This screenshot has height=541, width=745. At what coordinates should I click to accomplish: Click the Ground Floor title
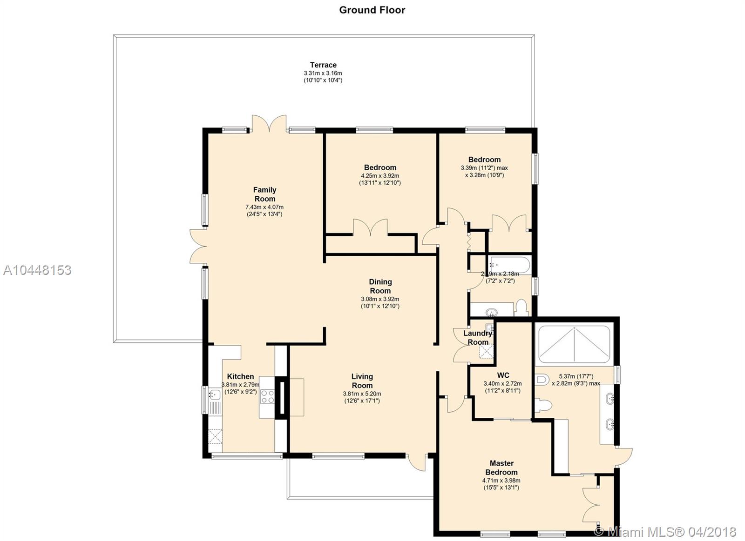tap(372, 10)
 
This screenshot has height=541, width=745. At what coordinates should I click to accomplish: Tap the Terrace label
tap(323, 65)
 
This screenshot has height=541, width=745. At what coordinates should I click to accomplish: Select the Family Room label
tap(265, 194)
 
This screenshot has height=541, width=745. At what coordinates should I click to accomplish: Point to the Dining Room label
tap(380, 286)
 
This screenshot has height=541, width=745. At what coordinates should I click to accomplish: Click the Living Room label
tap(362, 381)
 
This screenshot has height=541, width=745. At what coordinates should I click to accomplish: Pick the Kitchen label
tap(240, 376)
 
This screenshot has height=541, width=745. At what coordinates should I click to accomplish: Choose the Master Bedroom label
tap(501, 468)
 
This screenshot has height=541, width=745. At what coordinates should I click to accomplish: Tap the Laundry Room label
tap(478, 338)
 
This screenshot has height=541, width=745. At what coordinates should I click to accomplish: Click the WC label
tap(503, 375)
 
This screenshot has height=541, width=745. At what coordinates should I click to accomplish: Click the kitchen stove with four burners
tap(267, 397)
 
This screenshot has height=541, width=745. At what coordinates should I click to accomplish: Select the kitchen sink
tap(215, 395)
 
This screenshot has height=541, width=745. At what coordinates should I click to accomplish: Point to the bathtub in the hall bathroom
tap(509, 265)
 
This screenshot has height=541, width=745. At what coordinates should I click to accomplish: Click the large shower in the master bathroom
tap(575, 344)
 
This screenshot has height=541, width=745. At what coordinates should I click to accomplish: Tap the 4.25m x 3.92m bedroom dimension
tap(380, 176)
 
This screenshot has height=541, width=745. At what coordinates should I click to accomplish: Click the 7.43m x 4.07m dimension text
tap(264, 207)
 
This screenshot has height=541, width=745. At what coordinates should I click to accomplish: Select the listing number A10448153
tap(37, 270)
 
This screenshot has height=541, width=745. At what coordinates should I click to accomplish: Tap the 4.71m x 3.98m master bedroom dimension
tap(501, 481)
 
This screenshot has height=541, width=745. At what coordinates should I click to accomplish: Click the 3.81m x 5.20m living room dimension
tap(362, 394)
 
